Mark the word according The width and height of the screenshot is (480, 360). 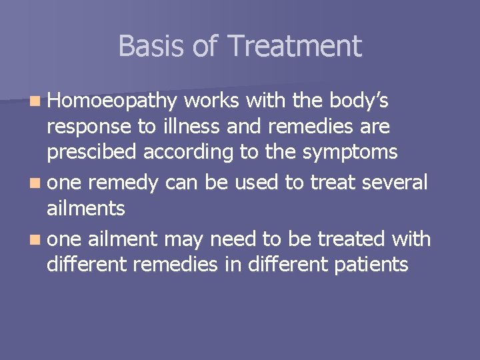(187, 151)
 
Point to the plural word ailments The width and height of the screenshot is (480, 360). (86, 208)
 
